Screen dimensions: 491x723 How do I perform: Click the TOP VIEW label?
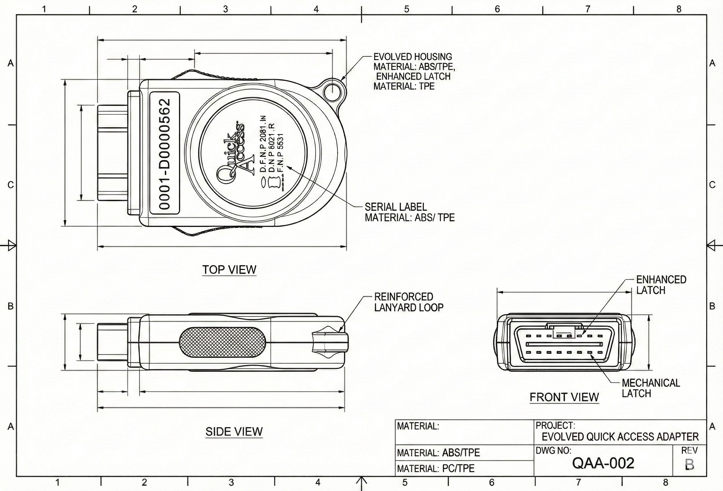tap(229, 269)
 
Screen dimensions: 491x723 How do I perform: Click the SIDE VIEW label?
tap(234, 431)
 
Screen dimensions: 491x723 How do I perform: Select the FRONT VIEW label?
tap(564, 397)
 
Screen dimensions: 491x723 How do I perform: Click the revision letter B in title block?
tap(689, 464)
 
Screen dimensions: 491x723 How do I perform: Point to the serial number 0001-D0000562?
tap(165, 154)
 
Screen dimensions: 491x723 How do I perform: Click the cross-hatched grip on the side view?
tap(223, 343)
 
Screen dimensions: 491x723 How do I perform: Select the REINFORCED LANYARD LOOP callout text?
tap(408, 302)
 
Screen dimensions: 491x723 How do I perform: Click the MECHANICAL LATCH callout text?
tap(651, 388)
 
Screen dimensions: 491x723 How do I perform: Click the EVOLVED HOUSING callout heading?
tap(412, 57)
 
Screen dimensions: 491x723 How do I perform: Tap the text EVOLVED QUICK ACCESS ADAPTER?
tap(620, 437)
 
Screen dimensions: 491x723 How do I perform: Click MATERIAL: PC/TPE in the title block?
tap(436, 468)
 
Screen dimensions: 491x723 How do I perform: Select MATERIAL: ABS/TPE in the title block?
tap(438, 452)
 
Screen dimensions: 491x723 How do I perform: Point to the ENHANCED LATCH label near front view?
tap(661, 285)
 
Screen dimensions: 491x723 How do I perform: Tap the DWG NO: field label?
tap(554, 450)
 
